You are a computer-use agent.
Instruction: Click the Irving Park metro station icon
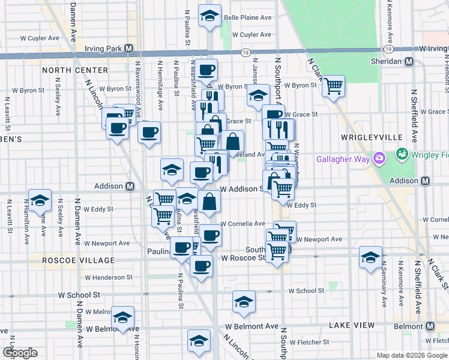[x=129, y=48]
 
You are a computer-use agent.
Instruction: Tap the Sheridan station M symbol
[x=409, y=61]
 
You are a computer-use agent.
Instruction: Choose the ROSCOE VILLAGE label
[x=78, y=260]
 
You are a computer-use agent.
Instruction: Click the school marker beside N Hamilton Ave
[x=40, y=200]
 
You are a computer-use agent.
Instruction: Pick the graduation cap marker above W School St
[x=244, y=301]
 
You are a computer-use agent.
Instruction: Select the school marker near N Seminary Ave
[x=370, y=257]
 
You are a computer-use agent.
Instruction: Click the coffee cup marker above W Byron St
[x=205, y=69]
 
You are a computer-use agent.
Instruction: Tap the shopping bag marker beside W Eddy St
[x=209, y=202]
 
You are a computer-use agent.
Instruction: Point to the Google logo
[x=20, y=353]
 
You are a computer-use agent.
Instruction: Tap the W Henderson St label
[x=109, y=277]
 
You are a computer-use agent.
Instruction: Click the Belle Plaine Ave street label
[x=247, y=18]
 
